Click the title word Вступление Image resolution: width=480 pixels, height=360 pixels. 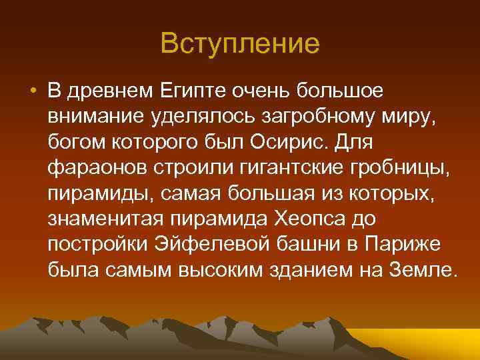[240, 43]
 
